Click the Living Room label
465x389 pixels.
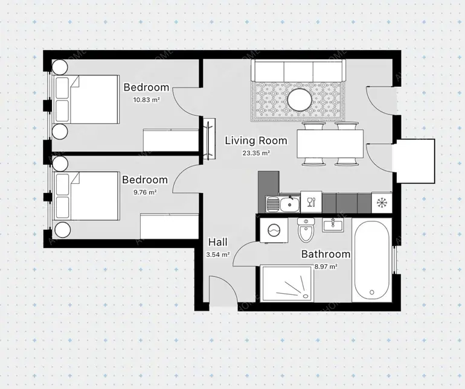click(256, 141)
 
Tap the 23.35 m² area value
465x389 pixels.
click(256, 153)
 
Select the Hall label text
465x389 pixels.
click(217, 242)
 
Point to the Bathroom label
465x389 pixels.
click(325, 254)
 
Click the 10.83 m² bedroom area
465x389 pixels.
click(146, 100)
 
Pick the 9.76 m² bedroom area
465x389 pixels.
click(145, 192)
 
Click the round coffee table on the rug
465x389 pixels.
click(300, 100)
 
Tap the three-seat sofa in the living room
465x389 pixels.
click(298, 70)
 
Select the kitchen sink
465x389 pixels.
click(283, 204)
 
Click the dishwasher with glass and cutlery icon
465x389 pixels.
click(311, 202)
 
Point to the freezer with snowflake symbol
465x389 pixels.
click(382, 203)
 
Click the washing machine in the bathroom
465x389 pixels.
click(274, 230)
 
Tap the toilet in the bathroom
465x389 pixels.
click(306, 230)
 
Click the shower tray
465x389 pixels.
click(287, 283)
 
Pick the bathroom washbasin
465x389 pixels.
click(333, 225)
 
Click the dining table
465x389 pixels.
click(330, 144)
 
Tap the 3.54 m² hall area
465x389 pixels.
click(218, 255)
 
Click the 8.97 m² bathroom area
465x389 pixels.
click(325, 267)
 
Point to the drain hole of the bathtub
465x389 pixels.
click(372, 292)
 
